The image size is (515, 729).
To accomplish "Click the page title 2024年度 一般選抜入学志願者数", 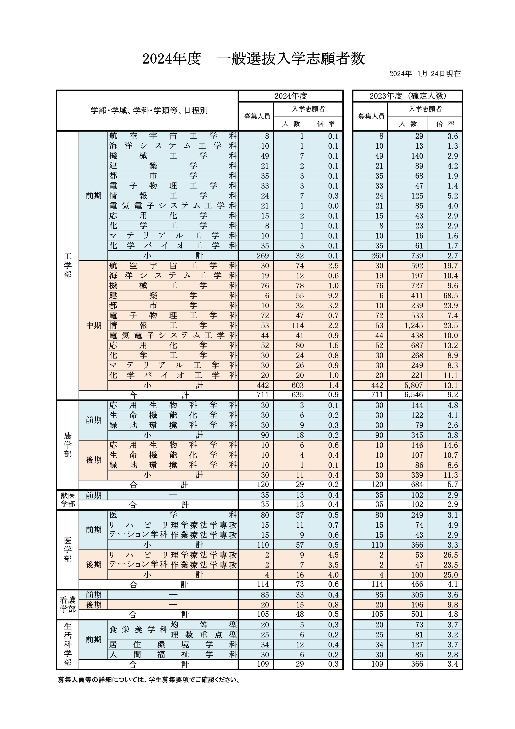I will coord(254,59).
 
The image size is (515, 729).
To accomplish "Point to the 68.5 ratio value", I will coord(451,296).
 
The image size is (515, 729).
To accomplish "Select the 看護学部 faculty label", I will coord(67,604).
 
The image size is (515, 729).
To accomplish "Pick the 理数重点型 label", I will coord(203,635).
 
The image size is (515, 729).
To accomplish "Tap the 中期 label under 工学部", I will coord(94,325).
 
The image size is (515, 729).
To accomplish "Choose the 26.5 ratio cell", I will coord(451,555).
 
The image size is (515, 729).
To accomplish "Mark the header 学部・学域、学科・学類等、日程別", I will coord(149,111).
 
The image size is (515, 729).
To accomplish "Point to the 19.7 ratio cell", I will coord(451,266).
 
